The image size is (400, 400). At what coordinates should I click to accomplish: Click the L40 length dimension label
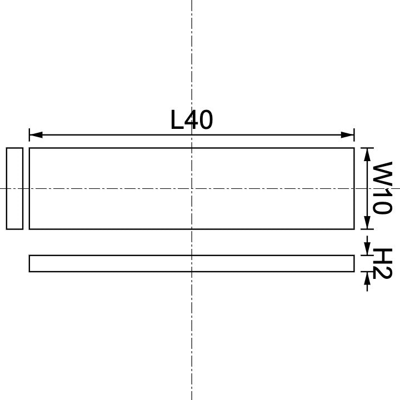pyautogui.click(x=192, y=120)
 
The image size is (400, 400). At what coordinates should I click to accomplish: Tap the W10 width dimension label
pyautogui.click(x=382, y=188)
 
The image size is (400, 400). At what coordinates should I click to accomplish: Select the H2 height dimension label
pyautogui.click(x=382, y=263)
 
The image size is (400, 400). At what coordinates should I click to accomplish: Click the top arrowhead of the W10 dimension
pyautogui.click(x=367, y=153)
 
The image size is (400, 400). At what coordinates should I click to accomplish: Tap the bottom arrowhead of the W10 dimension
pyautogui.click(x=367, y=223)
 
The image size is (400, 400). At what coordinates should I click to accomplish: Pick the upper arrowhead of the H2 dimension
pyautogui.click(x=367, y=251)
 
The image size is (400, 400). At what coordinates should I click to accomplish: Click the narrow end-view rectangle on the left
pyautogui.click(x=14, y=188)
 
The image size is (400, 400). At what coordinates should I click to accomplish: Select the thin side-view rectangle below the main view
pyautogui.click(x=192, y=263)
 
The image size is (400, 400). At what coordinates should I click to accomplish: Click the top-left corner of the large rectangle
pyautogui.click(x=29, y=148)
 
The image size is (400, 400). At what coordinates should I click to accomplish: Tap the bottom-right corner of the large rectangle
pyautogui.click(x=354, y=228)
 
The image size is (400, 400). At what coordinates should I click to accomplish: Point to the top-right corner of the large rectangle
pyautogui.click(x=354, y=148)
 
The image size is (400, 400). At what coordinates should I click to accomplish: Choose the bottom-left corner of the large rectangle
pyautogui.click(x=29, y=228)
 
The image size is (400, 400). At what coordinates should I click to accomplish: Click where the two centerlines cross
pyautogui.click(x=192, y=188)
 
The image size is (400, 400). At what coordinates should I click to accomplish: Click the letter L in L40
pyautogui.click(x=177, y=120)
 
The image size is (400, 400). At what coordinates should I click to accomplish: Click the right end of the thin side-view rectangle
pyautogui.click(x=353, y=263)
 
